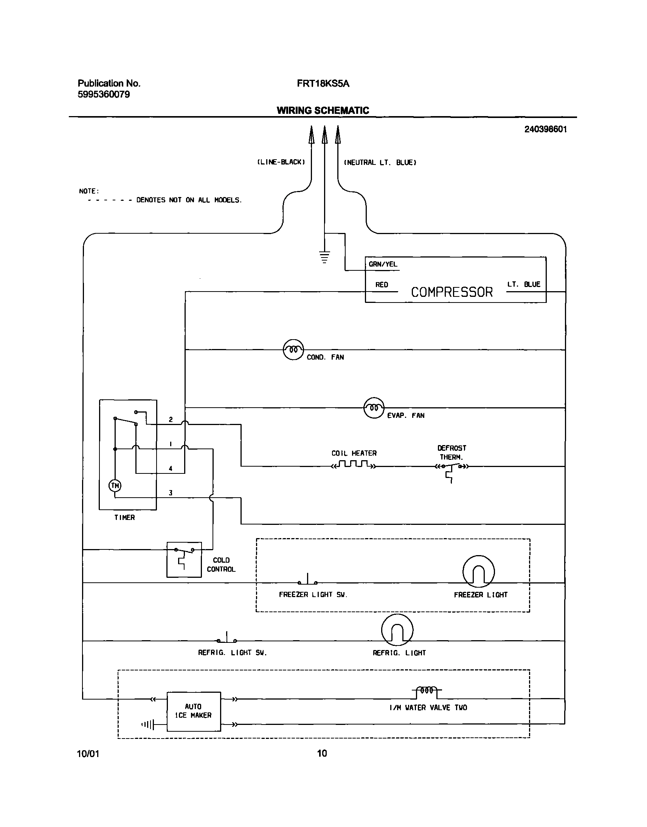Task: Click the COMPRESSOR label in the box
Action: pyautogui.click(x=452, y=292)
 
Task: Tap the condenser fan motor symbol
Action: pyautogui.click(x=293, y=349)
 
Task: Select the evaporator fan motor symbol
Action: pyautogui.click(x=374, y=408)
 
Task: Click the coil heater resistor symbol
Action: pyautogui.click(x=354, y=464)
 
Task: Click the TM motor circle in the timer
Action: pyautogui.click(x=115, y=485)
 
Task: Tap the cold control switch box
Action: pyautogui.click(x=184, y=560)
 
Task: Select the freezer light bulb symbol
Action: pyautogui.click(x=478, y=571)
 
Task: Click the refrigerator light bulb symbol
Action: pyautogui.click(x=397, y=630)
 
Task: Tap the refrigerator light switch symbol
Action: pyautogui.click(x=227, y=639)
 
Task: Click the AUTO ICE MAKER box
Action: pyautogui.click(x=194, y=711)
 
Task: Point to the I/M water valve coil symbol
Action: pyautogui.click(x=427, y=690)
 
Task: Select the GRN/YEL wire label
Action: pyautogui.click(x=383, y=264)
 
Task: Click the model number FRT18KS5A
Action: pyautogui.click(x=323, y=84)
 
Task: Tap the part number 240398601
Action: pyautogui.click(x=545, y=129)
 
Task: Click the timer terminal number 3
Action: pyautogui.click(x=171, y=493)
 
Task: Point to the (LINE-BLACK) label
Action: pyautogui.click(x=281, y=162)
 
